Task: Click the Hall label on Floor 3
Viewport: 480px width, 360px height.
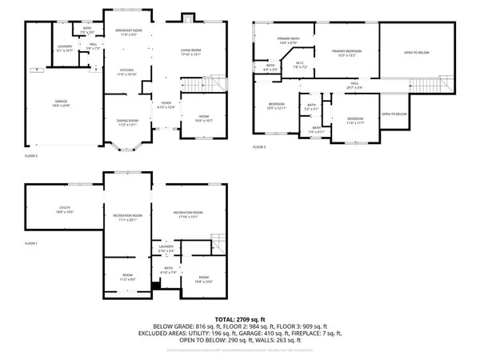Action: tap(354, 85)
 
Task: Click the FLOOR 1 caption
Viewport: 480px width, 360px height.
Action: tap(30, 242)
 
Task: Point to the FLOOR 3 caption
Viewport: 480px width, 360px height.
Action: tap(260, 147)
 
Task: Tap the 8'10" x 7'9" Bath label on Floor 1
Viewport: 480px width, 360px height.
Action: tap(170, 270)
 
